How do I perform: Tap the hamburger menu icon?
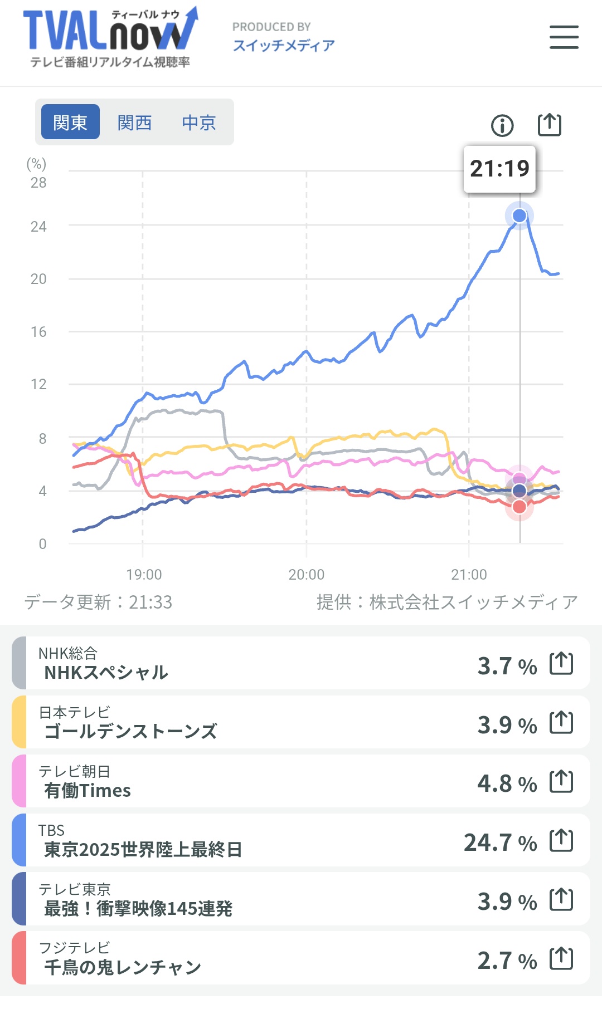point(564,37)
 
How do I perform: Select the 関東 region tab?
point(70,122)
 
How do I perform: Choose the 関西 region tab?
point(134,122)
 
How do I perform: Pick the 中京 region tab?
point(199,122)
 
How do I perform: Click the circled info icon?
point(502,126)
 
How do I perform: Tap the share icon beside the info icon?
point(549,125)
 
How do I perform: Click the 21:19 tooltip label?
point(499,169)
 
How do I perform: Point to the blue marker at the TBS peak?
point(520,215)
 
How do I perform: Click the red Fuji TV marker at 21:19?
point(520,507)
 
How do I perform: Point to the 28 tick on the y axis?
point(38,183)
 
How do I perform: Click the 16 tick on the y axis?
point(38,332)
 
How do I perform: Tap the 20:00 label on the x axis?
point(306,574)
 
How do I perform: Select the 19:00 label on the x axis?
point(144,574)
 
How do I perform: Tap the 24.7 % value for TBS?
point(500,842)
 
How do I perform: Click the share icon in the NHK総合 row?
point(561,663)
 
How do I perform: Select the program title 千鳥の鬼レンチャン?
point(123,967)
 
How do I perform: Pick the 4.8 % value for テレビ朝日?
point(507,783)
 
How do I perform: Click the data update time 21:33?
point(151,602)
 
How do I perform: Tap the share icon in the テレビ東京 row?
point(561,899)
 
